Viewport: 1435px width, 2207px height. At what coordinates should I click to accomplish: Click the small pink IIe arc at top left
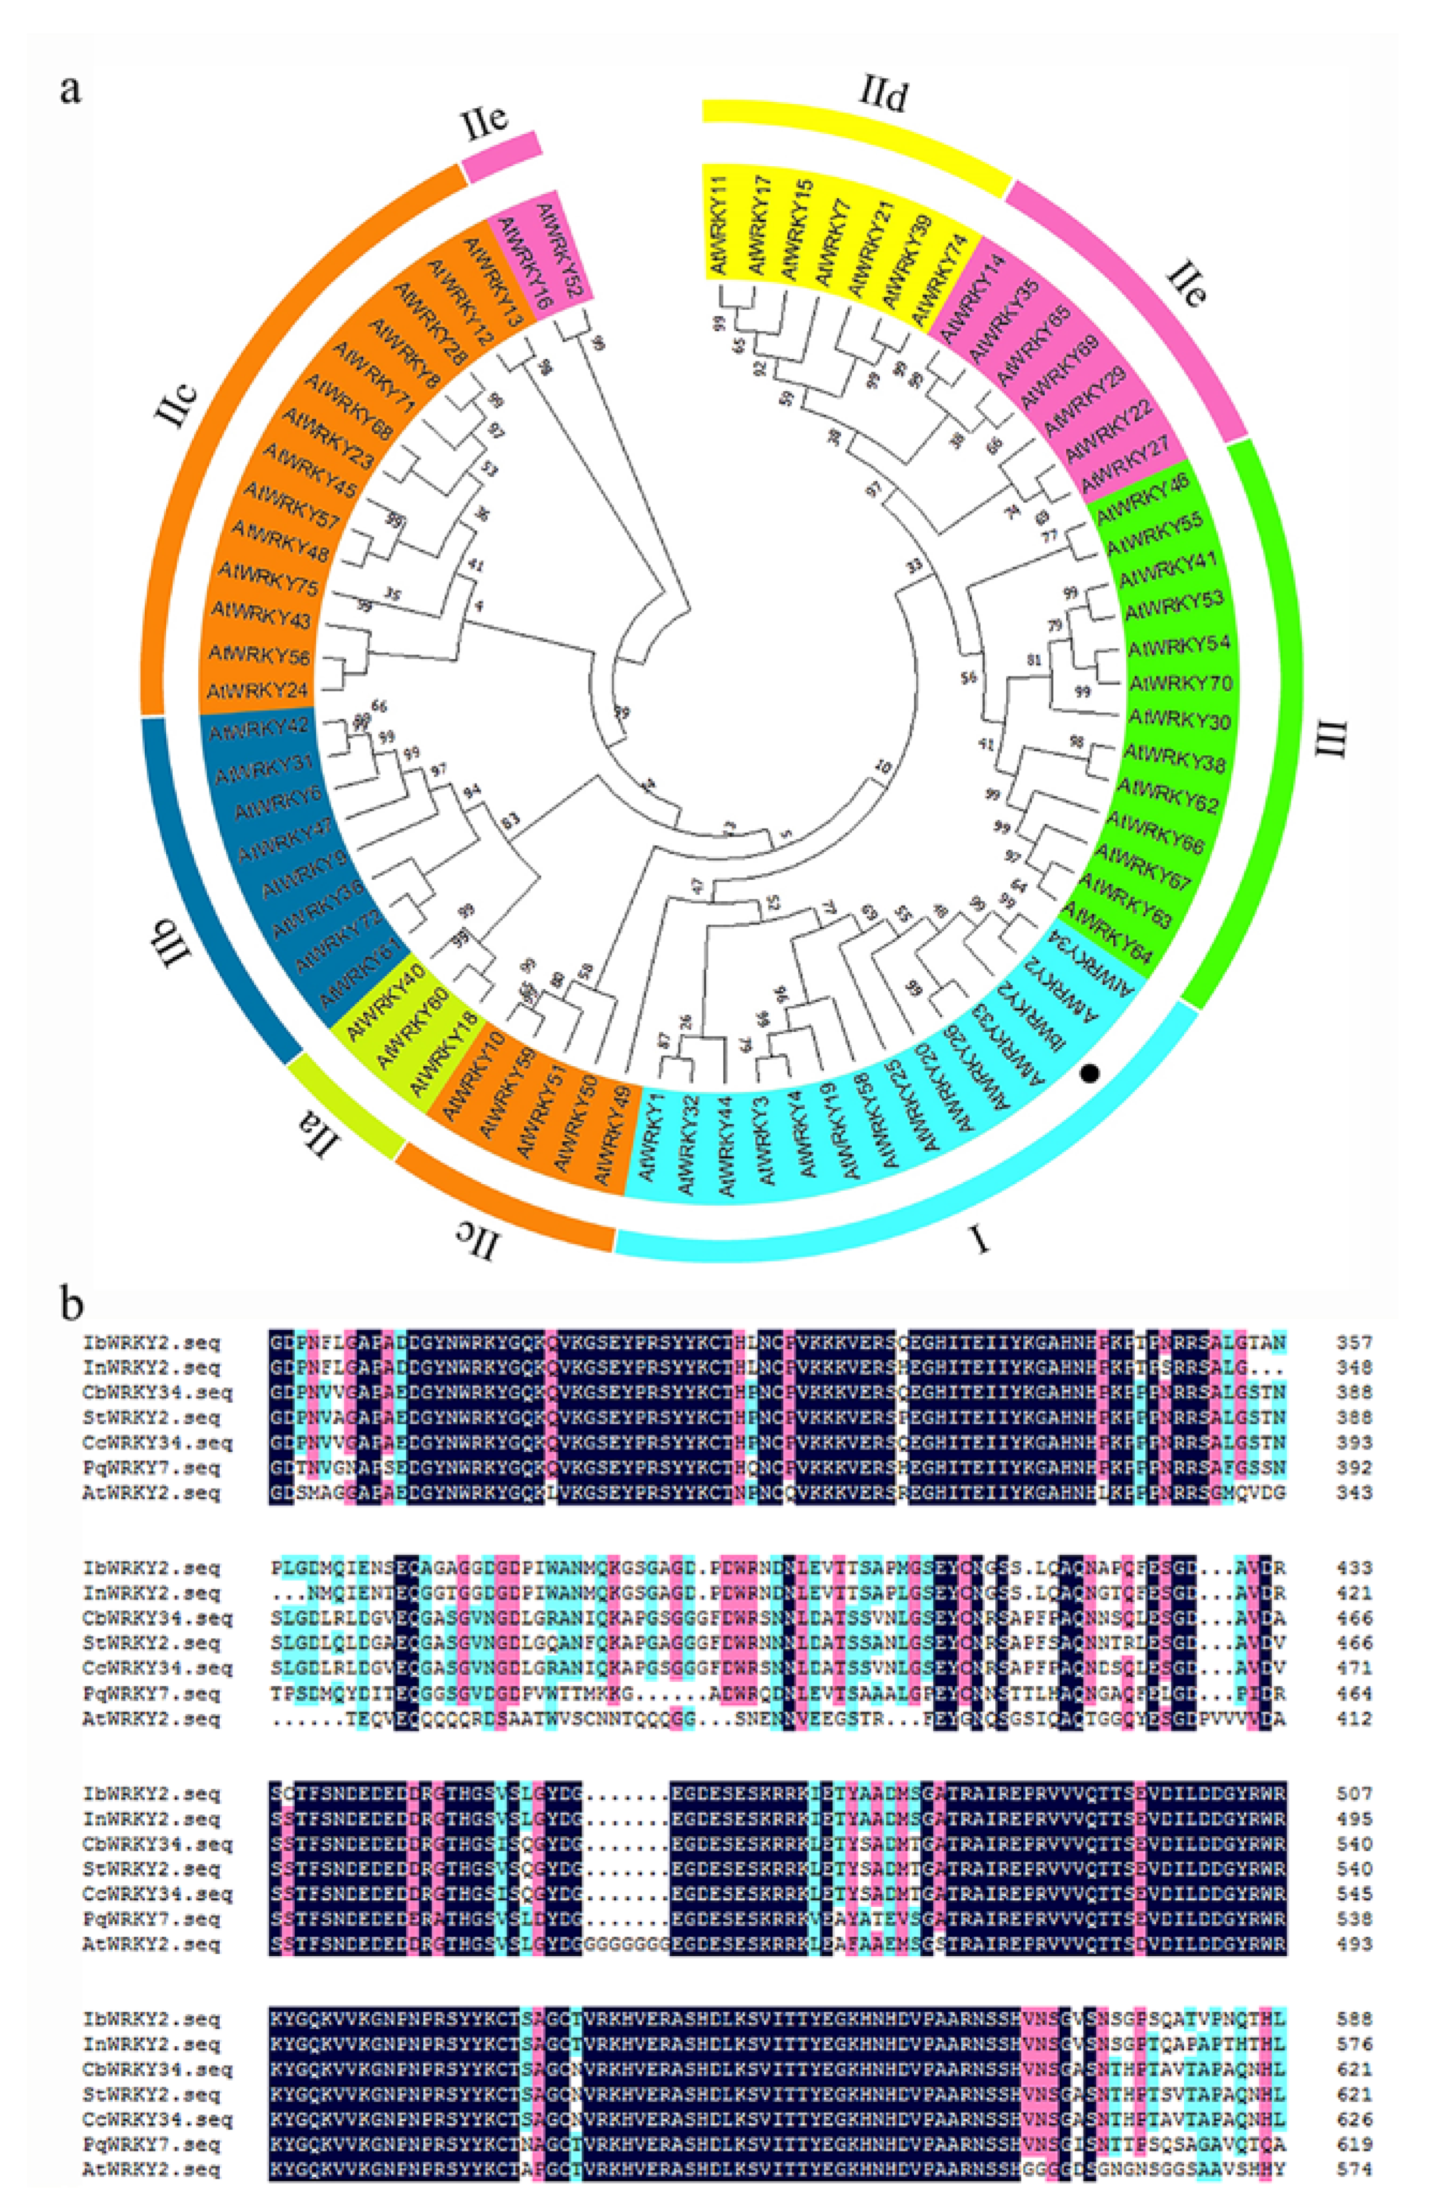click(x=501, y=157)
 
